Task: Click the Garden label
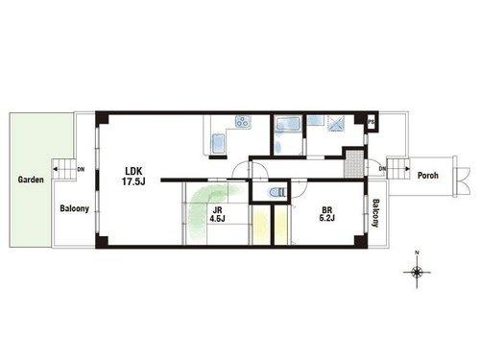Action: click(31, 180)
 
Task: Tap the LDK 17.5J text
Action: click(133, 176)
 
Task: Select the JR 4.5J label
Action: click(218, 214)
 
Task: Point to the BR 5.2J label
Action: click(326, 214)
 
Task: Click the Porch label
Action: click(428, 176)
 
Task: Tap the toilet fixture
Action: click(276, 193)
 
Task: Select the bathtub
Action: click(288, 123)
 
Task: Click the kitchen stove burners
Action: click(243, 122)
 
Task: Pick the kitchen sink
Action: click(218, 143)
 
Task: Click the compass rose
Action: click(417, 273)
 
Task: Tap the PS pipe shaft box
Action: click(372, 122)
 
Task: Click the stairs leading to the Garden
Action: click(64, 169)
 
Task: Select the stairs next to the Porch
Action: click(398, 168)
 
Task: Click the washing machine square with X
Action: click(336, 123)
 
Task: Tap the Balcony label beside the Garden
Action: click(74, 208)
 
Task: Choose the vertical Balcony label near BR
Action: click(375, 213)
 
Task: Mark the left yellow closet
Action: click(260, 225)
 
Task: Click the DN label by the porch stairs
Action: click(382, 169)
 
